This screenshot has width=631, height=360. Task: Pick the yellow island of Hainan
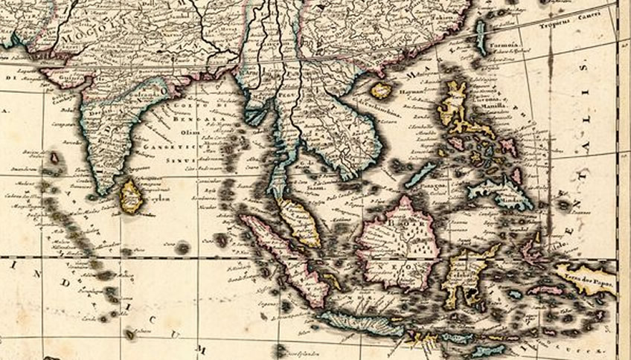(381, 91)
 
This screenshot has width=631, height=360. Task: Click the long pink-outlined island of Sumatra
(286, 257)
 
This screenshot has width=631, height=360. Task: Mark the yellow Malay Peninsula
(298, 220)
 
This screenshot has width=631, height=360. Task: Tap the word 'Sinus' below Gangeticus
(186, 158)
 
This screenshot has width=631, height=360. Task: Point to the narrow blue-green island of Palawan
(420, 175)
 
